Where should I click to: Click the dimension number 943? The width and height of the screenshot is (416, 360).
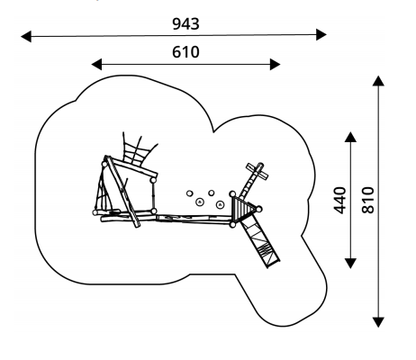(185, 24)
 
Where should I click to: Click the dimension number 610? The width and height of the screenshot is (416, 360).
(185, 52)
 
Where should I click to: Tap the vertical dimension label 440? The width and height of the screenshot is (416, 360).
(339, 200)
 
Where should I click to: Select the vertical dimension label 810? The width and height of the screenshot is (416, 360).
(367, 200)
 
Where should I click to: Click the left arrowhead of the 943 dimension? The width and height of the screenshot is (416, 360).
(26, 36)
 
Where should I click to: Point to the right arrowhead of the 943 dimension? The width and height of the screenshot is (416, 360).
(321, 34)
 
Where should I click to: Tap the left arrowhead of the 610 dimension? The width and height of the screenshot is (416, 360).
(96, 65)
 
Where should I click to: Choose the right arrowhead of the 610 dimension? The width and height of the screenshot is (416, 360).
(276, 65)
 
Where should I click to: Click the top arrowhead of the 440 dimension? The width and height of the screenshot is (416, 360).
(350, 137)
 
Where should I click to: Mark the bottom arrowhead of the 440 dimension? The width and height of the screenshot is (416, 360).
(350, 263)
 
